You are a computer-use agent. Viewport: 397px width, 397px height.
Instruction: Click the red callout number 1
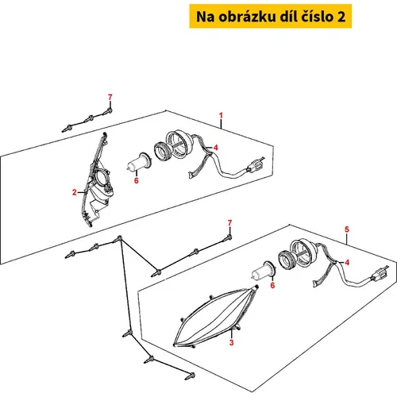pyautogui.click(x=221, y=115)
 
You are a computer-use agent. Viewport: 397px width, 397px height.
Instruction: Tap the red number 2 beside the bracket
pyautogui.click(x=75, y=192)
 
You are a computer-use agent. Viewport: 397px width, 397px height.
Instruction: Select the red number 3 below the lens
pyautogui.click(x=232, y=342)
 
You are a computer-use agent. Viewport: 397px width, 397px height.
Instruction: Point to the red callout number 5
pyautogui.click(x=347, y=229)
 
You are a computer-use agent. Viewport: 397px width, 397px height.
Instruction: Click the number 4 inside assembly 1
pyautogui.click(x=216, y=148)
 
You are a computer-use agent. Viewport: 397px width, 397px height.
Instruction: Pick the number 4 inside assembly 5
pyautogui.click(x=347, y=263)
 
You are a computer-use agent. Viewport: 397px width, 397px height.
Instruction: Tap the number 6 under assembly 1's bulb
pyautogui.click(x=137, y=180)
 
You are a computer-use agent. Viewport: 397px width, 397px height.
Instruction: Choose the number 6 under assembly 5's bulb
pyautogui.click(x=272, y=285)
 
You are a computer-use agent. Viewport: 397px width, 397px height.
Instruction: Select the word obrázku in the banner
pyautogui.click(x=247, y=17)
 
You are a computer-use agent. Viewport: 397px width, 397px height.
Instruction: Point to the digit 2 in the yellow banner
pyautogui.click(x=341, y=17)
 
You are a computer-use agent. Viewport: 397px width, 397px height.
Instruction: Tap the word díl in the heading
pyautogui.click(x=288, y=17)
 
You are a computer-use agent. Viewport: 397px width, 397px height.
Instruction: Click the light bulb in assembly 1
pyautogui.click(x=139, y=163)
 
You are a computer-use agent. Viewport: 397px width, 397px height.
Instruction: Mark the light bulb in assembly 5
pyautogui.click(x=264, y=271)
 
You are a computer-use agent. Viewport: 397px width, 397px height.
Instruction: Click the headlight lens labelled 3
pyautogui.click(x=216, y=316)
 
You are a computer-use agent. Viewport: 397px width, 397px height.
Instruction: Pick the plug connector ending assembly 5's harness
pyautogui.click(x=380, y=274)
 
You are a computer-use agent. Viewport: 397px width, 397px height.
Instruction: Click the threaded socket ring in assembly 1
pyautogui.click(x=162, y=151)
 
